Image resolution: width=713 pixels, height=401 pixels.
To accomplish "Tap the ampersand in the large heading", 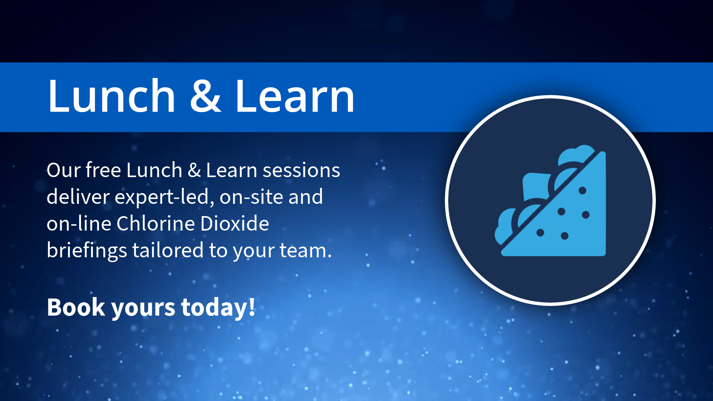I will [x=205, y=97].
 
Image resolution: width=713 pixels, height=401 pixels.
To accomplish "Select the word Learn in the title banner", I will [x=295, y=97].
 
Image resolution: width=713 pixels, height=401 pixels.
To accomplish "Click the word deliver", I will [x=78, y=197].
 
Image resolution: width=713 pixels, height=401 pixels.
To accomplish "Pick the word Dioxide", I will [x=234, y=224].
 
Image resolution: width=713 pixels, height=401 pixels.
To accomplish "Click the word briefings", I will [x=87, y=250].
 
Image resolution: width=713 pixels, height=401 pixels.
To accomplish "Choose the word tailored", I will [x=168, y=250].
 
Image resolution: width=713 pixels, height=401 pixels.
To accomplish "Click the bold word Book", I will [x=76, y=307].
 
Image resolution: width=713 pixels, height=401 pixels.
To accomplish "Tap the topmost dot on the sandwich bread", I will [x=582, y=190].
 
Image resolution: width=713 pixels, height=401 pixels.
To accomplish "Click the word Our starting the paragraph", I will [x=64, y=170].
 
